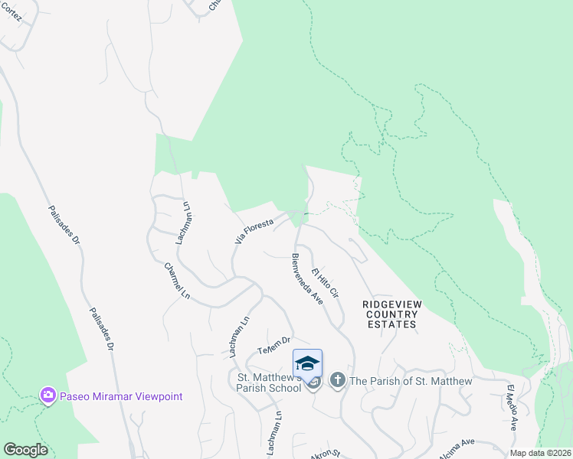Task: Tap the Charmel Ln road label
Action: click(x=177, y=282)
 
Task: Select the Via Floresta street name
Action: click(x=254, y=229)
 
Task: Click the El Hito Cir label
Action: click(x=325, y=282)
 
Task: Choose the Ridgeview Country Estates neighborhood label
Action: click(x=391, y=314)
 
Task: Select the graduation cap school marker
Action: click(x=307, y=362)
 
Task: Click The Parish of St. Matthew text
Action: click(x=410, y=380)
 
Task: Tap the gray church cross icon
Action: click(x=338, y=380)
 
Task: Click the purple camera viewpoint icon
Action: click(x=48, y=395)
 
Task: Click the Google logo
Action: click(x=25, y=450)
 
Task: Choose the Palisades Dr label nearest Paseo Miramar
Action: click(x=100, y=329)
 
